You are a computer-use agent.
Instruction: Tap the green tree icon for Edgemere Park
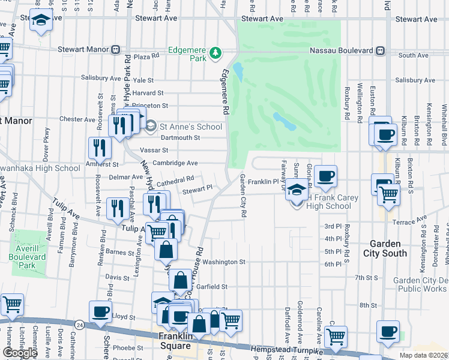pyautogui.click(x=215, y=55)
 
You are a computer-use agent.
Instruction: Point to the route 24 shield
pyautogui.click(x=79, y=325)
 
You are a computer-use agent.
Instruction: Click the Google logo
pyautogui.click(x=20, y=353)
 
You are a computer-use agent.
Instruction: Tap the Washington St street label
pyautogui.click(x=224, y=262)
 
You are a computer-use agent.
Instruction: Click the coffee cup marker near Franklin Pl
pyautogui.click(x=325, y=176)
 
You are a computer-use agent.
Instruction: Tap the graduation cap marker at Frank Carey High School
pyautogui.click(x=295, y=189)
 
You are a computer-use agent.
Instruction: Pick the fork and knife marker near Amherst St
pyautogui.click(x=99, y=147)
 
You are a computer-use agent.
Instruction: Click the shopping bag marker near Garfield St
pyautogui.click(x=180, y=280)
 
